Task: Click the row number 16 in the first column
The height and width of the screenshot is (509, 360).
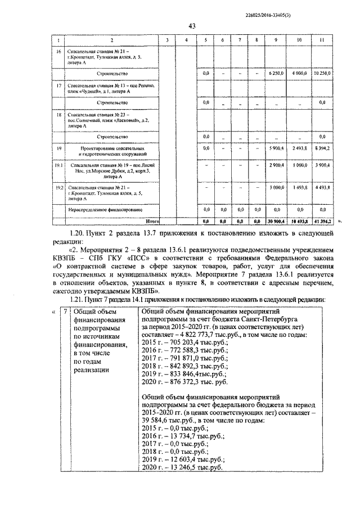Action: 57,51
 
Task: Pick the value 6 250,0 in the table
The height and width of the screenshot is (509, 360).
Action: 276,73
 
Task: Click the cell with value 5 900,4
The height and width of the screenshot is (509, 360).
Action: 276,148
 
